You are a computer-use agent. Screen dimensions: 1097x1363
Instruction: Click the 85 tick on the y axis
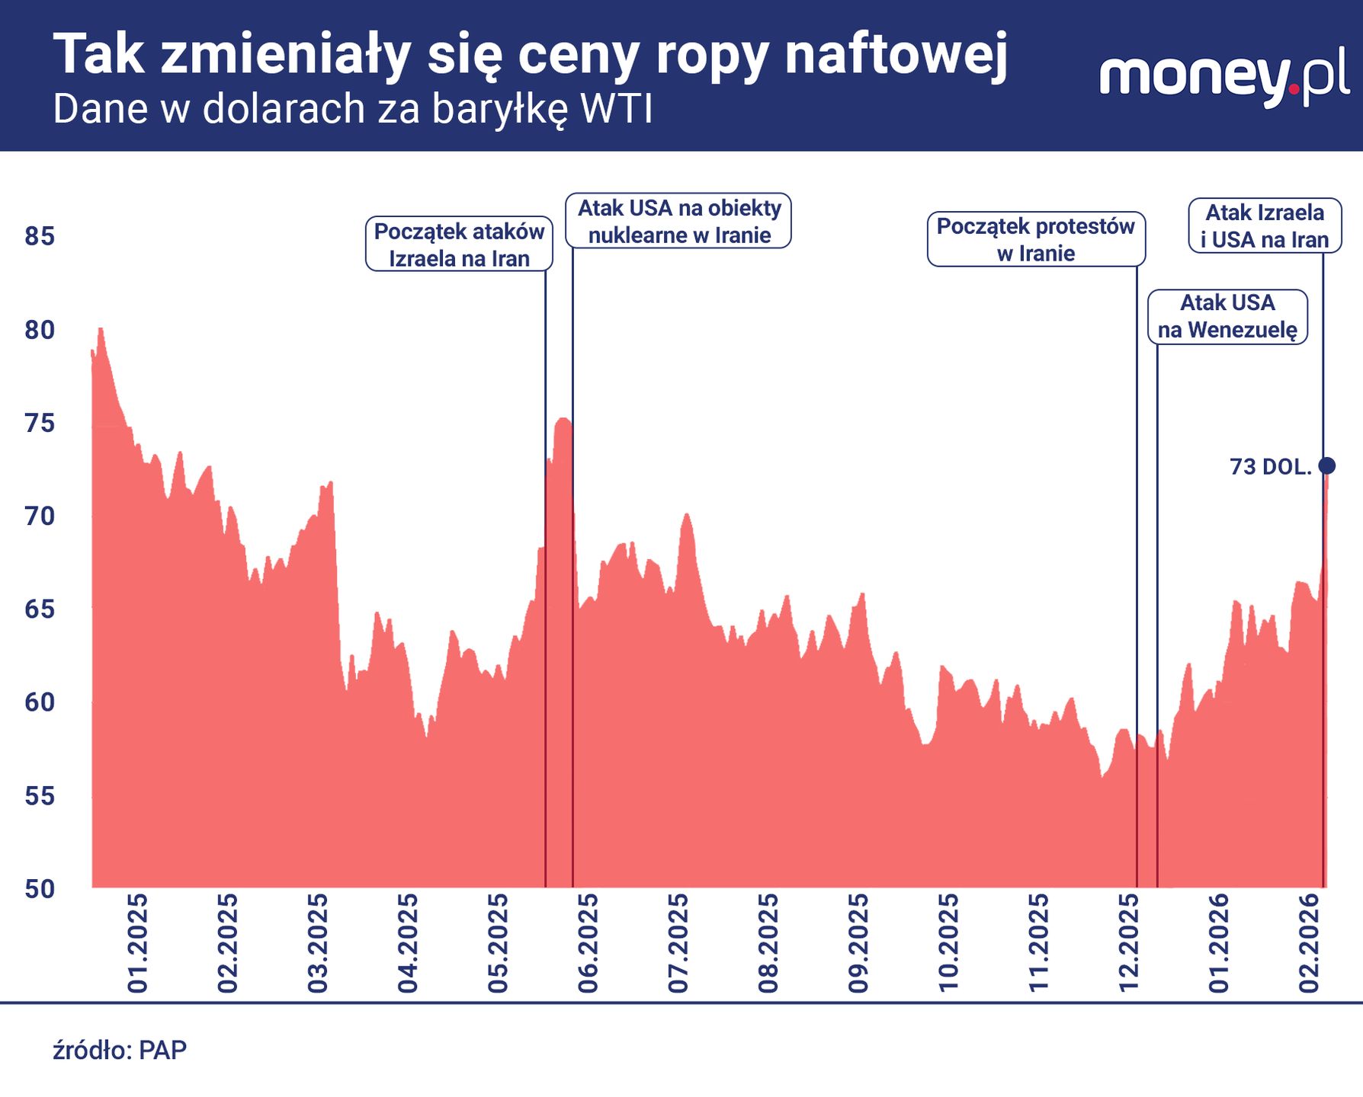tap(40, 236)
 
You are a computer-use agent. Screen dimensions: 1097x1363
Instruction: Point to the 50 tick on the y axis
tap(40, 888)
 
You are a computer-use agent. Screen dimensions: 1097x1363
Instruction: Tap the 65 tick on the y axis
tap(40, 609)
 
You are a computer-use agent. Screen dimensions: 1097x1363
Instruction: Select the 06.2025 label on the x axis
tap(588, 943)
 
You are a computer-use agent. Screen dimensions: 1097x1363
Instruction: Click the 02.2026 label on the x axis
tap(1309, 943)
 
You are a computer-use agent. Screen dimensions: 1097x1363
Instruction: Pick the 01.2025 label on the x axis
tap(138, 943)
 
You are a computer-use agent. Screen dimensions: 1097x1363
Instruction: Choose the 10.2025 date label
tap(948, 943)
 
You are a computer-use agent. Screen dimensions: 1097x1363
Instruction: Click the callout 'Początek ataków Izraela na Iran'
tap(459, 245)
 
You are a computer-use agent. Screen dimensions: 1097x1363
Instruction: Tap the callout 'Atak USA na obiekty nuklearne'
tap(678, 221)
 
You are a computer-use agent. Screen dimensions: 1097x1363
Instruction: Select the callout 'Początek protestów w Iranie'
tap(1035, 239)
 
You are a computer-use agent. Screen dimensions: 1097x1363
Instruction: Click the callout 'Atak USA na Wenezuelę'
tap(1227, 316)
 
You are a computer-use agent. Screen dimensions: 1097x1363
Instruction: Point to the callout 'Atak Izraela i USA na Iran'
tap(1264, 225)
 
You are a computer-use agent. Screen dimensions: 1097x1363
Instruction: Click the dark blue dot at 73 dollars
tap(1326, 465)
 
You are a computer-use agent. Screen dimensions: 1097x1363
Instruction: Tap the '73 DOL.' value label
tap(1270, 467)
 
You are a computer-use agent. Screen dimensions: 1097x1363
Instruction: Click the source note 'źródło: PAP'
tap(120, 1051)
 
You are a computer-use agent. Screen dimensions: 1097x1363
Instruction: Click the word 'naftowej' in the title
tap(896, 55)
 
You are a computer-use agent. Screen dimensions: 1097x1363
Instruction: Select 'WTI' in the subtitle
tap(616, 109)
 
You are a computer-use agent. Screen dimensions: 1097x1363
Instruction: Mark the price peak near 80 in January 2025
tap(101, 330)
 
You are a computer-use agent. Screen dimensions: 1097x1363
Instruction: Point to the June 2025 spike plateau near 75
tap(563, 420)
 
